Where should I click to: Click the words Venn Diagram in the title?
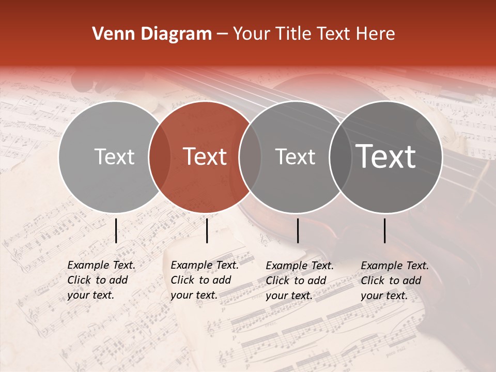point(152,34)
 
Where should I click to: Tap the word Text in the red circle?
point(205,157)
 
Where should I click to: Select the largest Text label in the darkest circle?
point(386,157)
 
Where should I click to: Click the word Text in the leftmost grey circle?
point(115,157)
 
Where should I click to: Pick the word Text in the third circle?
point(296,157)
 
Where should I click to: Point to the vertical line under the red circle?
point(207,230)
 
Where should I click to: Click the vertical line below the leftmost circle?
point(116,230)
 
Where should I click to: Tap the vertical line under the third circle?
point(298,230)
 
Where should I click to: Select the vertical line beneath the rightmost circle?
point(385,230)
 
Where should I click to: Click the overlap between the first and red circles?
point(160,157)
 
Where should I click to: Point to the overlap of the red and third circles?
point(250,157)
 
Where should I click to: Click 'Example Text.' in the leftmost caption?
point(101,265)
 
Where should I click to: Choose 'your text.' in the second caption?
point(194,295)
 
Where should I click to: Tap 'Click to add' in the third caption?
point(296,281)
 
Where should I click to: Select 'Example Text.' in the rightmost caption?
point(395,266)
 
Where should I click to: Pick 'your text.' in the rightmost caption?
point(384,296)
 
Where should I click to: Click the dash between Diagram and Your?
point(222,34)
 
